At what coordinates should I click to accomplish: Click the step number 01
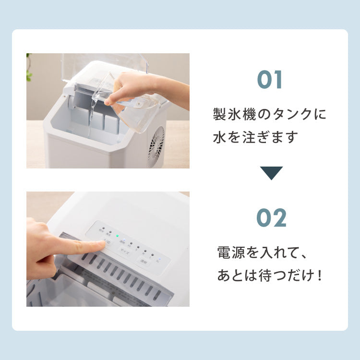click(271, 80)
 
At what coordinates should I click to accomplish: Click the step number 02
click(271, 218)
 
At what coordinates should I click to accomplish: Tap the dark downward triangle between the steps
click(271, 173)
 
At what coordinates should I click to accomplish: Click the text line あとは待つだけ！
click(269, 276)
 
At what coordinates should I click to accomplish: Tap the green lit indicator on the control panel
click(117, 236)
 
